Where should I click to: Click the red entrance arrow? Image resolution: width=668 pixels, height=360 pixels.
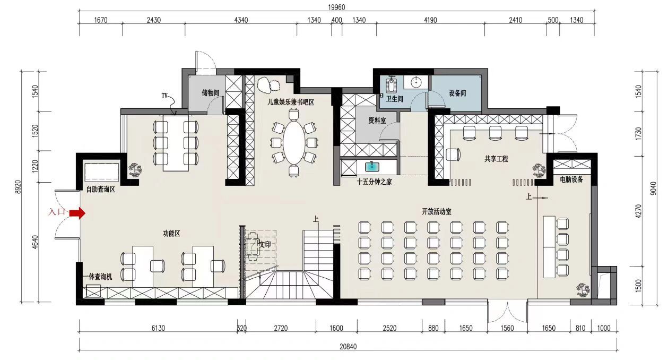(77, 213)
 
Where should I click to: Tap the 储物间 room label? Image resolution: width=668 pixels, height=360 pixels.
(211, 93)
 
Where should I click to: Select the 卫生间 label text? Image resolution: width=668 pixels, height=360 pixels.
(394, 99)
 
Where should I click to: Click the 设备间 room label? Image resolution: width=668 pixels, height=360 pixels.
(457, 93)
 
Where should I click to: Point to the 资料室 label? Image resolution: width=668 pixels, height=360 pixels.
(377, 121)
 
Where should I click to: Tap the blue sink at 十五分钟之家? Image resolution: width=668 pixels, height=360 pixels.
(372, 167)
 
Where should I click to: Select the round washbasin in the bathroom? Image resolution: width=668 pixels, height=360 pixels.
(416, 82)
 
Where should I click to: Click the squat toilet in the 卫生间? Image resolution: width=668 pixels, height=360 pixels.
(391, 84)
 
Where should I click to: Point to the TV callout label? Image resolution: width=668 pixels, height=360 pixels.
(164, 96)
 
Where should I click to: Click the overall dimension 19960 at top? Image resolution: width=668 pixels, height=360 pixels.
(336, 7)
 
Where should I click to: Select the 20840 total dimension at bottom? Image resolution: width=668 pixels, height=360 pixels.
(348, 347)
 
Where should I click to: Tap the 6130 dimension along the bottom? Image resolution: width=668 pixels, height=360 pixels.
(158, 328)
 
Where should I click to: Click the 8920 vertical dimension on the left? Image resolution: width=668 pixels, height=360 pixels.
(18, 187)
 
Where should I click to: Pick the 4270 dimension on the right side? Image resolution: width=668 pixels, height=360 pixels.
(638, 211)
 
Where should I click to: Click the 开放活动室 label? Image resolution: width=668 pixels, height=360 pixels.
(437, 212)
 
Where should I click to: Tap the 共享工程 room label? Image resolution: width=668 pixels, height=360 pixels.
(496, 159)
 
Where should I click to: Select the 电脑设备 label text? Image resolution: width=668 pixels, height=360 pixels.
(571, 179)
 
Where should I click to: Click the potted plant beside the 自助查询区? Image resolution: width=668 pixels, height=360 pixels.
(135, 170)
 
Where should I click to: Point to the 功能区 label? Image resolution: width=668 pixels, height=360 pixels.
(171, 233)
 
